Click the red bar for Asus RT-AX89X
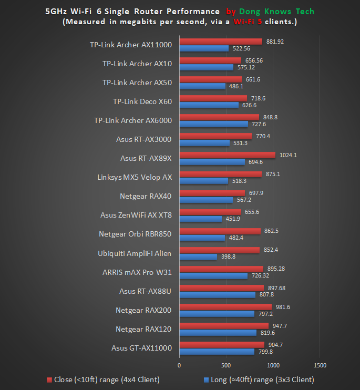227,155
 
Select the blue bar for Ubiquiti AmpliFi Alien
198,257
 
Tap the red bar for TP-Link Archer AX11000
221,41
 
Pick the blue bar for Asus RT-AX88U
217,295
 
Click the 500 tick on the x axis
226,365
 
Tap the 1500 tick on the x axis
320,365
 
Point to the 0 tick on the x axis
179,365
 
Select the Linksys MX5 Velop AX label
135,177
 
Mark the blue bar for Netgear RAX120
218,333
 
